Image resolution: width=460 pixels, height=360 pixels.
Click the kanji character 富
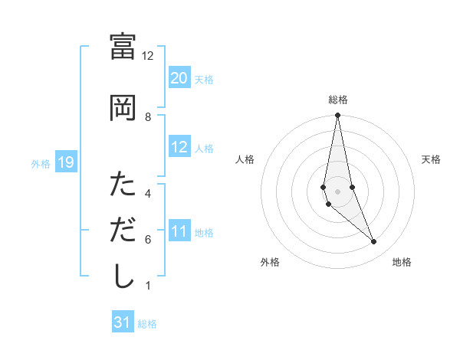point(123,46)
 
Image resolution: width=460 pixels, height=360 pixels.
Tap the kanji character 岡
point(123,107)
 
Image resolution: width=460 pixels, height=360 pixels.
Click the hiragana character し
point(123,276)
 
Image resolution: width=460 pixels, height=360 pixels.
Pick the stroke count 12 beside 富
point(148,55)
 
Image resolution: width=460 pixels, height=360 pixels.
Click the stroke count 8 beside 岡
point(148,116)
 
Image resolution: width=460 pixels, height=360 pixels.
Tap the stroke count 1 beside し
point(148,286)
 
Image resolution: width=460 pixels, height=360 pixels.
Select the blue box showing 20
point(179,78)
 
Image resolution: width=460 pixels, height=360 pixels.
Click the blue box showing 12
point(179,147)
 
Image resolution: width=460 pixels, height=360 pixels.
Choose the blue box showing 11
point(179,231)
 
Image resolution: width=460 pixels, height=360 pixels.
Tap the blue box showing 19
point(66,162)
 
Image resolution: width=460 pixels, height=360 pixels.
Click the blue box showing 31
point(123,322)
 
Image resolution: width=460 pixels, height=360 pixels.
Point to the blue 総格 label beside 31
point(147,324)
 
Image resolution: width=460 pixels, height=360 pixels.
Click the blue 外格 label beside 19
point(41,163)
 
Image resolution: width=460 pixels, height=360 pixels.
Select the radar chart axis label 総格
point(337,100)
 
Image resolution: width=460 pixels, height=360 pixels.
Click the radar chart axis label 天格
point(431,159)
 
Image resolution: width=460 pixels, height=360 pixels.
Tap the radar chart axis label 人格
point(245,159)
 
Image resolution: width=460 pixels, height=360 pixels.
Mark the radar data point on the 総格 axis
point(337,116)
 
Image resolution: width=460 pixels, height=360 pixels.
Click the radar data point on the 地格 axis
point(374,242)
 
